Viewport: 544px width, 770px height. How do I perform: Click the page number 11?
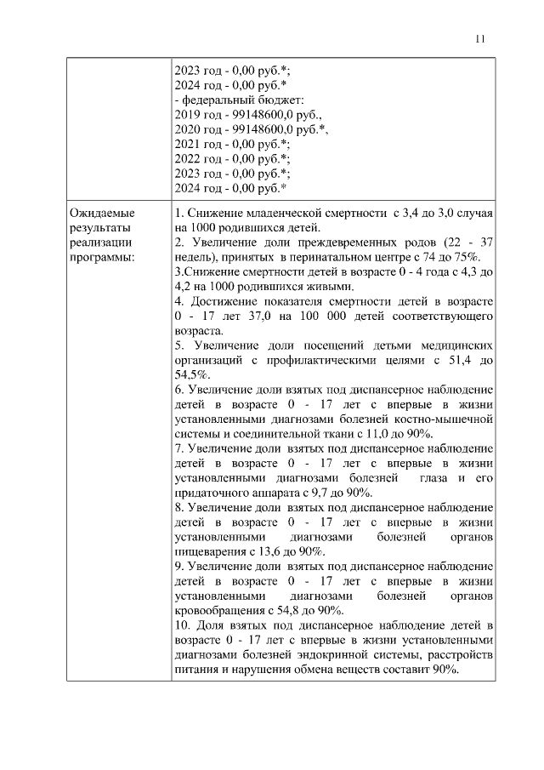point(480,38)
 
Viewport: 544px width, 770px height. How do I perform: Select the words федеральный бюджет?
point(227,100)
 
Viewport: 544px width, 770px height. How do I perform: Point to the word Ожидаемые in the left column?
point(102,212)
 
